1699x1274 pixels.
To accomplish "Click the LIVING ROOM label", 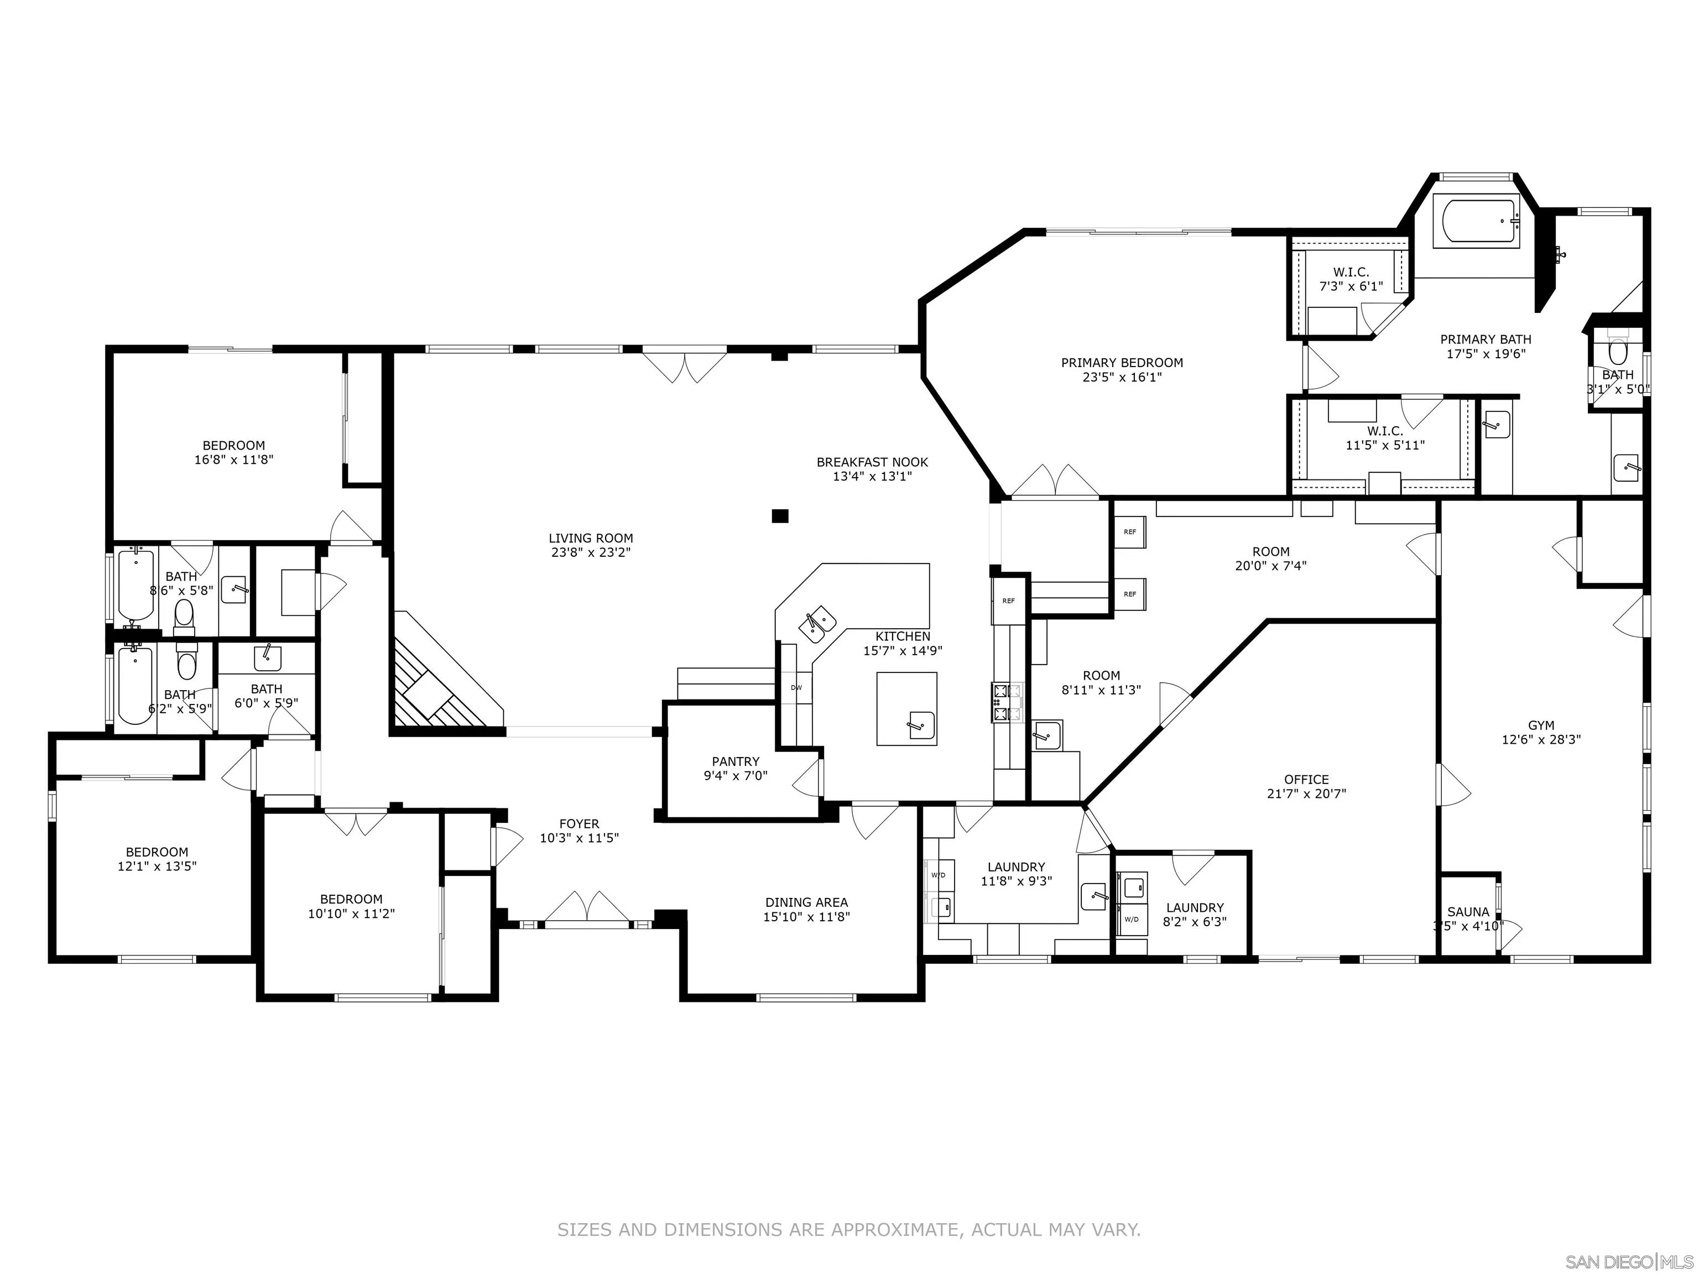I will click(591, 539).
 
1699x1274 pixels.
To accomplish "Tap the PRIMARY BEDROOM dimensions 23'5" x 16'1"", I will click(1122, 377).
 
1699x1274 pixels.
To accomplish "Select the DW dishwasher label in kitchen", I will click(796, 687).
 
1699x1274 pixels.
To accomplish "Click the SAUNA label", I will click(1468, 911).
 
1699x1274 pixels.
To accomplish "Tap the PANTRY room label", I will click(735, 761).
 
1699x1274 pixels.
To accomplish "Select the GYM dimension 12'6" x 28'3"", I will click(1541, 739).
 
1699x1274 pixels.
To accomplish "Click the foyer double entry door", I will click(587, 908).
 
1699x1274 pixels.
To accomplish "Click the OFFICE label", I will click(1306, 780).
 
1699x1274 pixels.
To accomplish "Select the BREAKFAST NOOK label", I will click(872, 462).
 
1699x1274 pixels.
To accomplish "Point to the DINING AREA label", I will click(806, 902).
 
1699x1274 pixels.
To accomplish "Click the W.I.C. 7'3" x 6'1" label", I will click(1350, 273).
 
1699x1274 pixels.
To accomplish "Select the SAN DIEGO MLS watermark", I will click(1628, 1262).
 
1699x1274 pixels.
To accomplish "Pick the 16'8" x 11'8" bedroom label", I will click(233, 445).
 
